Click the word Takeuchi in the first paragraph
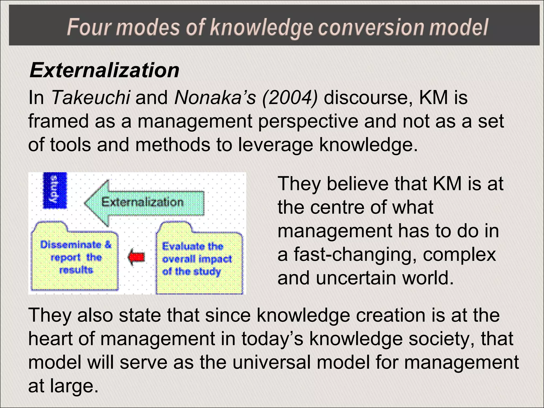point(91,97)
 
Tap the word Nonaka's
point(215,97)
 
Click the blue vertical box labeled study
point(55,190)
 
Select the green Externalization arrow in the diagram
point(145,203)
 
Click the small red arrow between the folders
point(137,257)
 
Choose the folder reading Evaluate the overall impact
point(199,259)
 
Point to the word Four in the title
point(89,27)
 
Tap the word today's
point(272,339)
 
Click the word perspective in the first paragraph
point(308,121)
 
